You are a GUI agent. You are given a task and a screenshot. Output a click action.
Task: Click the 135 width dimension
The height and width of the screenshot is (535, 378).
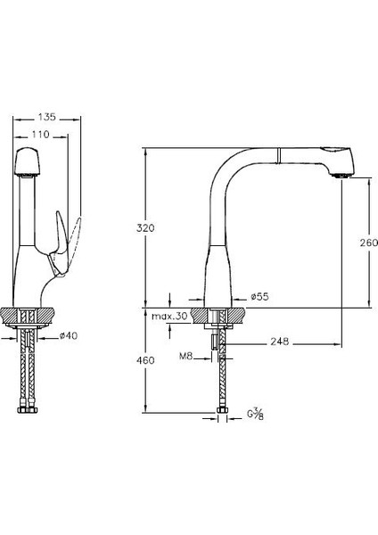click(x=46, y=117)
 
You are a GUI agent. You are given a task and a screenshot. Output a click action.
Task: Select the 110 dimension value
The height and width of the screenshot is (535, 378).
click(x=41, y=135)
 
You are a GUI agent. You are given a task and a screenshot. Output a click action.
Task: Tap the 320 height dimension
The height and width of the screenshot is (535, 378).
click(x=145, y=227)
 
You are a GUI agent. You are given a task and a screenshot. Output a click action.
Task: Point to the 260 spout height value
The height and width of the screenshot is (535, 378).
click(x=368, y=243)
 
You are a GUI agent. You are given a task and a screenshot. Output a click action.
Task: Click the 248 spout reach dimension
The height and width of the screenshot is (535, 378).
click(x=280, y=342)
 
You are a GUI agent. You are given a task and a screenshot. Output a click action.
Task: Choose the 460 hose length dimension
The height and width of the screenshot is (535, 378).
click(x=145, y=360)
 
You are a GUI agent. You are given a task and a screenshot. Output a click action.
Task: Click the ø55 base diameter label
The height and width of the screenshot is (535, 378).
click(x=259, y=297)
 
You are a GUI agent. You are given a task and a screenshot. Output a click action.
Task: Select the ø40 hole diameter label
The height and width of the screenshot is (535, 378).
click(x=69, y=336)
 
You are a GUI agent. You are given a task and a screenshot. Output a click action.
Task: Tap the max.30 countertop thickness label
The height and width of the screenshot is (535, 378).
click(x=169, y=317)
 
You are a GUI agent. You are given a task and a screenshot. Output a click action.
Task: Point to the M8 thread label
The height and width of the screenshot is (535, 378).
click(x=186, y=357)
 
